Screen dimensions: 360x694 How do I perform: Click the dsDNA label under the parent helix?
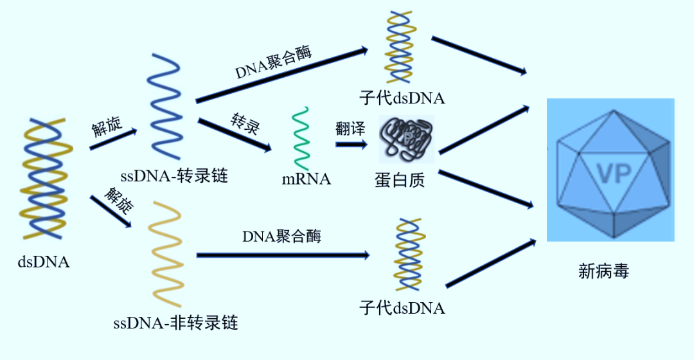[x=44, y=262]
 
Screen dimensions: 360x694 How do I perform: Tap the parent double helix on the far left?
[x=45, y=177]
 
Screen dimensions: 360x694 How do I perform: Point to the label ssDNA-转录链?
[x=174, y=176]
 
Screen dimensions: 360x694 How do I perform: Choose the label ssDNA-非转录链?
[x=175, y=322]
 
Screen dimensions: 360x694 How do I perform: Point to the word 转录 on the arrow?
[x=245, y=123]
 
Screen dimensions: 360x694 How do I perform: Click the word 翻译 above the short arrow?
[x=350, y=128]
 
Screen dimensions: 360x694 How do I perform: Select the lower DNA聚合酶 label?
[x=281, y=237]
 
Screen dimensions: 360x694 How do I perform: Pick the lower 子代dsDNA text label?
[x=402, y=308]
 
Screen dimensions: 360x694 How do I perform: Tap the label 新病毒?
[x=603, y=271]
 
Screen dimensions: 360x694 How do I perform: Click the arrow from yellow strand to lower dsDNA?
[x=283, y=255]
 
